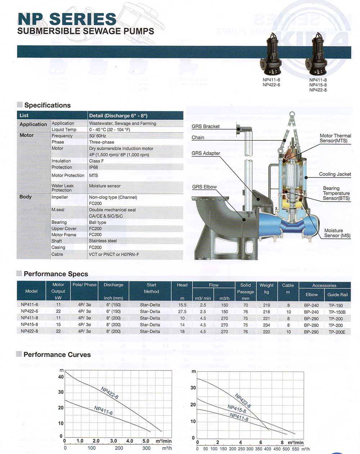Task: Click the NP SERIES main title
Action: [x=67, y=19]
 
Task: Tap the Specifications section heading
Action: [x=47, y=105]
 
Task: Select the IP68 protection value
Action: [x=94, y=167]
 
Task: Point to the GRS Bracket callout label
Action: [x=206, y=126]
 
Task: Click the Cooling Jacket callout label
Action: [x=335, y=174]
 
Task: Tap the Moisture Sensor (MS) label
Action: [x=337, y=233]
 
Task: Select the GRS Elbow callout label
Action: [x=204, y=187]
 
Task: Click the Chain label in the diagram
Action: [x=198, y=138]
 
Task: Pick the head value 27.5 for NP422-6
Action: [x=182, y=311]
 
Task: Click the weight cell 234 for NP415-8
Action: [x=266, y=325]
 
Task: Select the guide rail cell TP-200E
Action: [x=337, y=332]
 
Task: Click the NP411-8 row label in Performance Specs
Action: [x=30, y=318]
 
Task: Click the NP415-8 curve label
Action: [x=237, y=409]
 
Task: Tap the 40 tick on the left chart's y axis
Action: [x=61, y=377]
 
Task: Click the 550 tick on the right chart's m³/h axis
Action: [x=296, y=449]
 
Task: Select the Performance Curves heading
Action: [x=57, y=355]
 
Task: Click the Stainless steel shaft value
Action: [x=103, y=241]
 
